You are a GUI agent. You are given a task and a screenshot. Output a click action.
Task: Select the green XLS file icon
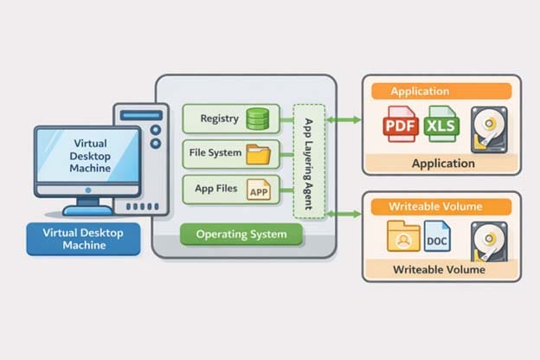pyautogui.click(x=444, y=126)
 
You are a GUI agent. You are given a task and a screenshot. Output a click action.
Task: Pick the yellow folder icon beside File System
pyautogui.click(x=259, y=154)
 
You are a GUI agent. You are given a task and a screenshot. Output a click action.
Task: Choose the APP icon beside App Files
pyautogui.click(x=259, y=190)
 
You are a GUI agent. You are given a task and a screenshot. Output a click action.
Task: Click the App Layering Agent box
pyautogui.click(x=308, y=159)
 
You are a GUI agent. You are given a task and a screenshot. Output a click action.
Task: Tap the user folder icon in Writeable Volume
pyautogui.click(x=403, y=237)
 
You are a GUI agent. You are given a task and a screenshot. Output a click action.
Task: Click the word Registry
pyautogui.click(x=218, y=118)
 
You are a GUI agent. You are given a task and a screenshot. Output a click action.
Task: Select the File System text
pyautogui.click(x=215, y=154)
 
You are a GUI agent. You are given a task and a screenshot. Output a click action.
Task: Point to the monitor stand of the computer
pyautogui.click(x=87, y=206)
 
